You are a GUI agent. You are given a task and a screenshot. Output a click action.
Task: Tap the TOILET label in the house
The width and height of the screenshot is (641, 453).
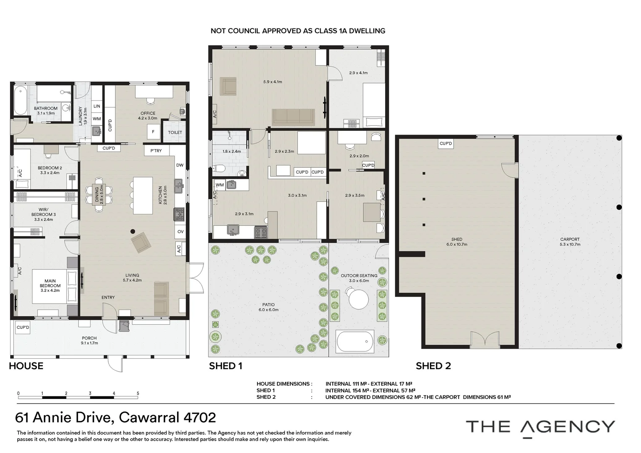(175, 133)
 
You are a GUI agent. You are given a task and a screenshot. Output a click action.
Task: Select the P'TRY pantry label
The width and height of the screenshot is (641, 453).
(156, 151)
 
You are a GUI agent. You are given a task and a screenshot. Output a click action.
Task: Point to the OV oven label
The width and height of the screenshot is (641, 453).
(180, 232)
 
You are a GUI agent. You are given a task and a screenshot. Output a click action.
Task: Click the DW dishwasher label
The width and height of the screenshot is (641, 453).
(180, 165)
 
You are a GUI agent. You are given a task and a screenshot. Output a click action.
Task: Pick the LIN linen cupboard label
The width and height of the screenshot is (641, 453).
(97, 106)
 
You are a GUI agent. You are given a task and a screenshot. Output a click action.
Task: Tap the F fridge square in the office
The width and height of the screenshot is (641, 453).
(153, 132)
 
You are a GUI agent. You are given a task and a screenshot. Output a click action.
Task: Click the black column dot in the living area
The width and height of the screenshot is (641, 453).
(133, 231)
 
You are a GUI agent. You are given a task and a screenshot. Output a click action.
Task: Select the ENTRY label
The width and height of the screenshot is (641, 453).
(108, 298)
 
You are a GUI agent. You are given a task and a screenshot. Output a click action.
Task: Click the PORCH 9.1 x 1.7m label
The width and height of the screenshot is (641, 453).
(90, 341)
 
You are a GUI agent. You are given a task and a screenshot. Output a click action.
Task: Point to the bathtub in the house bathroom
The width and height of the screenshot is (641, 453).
(20, 101)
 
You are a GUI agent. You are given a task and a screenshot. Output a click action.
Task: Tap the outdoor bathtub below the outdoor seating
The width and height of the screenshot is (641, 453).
(355, 341)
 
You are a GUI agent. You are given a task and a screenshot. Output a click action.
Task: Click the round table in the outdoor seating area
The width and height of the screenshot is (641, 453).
(359, 299)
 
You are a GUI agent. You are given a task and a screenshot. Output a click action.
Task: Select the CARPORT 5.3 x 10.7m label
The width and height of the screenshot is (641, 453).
(570, 242)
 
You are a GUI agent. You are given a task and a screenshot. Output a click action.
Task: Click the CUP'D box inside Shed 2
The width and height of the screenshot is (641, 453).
(446, 143)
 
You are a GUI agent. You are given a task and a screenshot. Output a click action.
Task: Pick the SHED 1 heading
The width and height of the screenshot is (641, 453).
(226, 366)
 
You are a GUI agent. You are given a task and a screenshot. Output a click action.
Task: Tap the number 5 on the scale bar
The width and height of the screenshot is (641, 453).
(138, 393)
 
